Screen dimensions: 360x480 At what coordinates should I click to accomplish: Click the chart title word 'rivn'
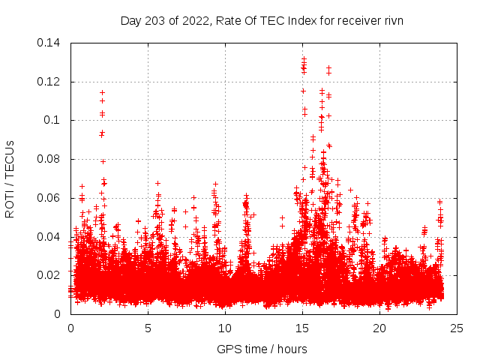tap(392, 20)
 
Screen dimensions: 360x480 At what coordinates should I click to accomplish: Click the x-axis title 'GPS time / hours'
tap(262, 349)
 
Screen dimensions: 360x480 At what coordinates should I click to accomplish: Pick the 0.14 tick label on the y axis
tap(49, 42)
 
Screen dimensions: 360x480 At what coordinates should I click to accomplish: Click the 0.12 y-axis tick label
tap(49, 81)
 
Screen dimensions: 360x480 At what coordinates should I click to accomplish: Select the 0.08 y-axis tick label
tap(49, 159)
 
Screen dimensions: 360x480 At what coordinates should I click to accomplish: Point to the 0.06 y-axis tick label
tap(49, 198)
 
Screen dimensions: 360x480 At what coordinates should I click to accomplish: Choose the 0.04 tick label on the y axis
tap(49, 237)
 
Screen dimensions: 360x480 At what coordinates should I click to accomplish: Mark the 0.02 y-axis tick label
tap(49, 275)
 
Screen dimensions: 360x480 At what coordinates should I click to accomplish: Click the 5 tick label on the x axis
tap(148, 328)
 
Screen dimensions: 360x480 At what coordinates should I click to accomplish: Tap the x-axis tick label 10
tap(225, 328)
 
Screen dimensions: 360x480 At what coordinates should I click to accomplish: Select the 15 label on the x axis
tap(302, 328)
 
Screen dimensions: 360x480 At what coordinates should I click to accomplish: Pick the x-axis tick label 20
tap(380, 328)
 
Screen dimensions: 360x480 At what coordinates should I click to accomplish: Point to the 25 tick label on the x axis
tap(457, 328)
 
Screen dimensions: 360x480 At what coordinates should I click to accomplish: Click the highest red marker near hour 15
tap(304, 58)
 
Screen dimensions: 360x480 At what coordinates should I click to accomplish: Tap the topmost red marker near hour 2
tap(102, 92)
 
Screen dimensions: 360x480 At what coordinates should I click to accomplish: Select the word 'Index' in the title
tap(312, 20)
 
